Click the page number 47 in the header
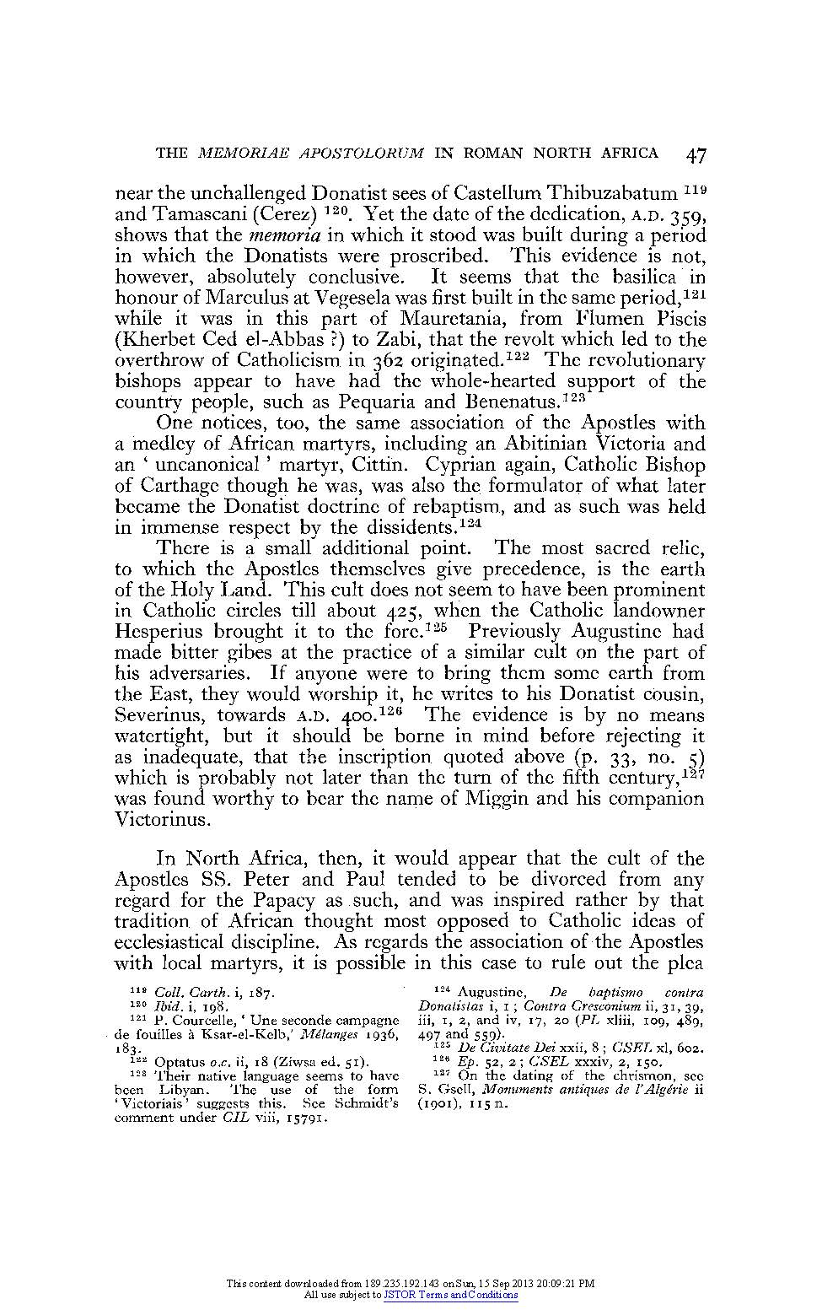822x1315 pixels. [696, 154]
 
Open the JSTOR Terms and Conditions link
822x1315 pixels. [451, 1295]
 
